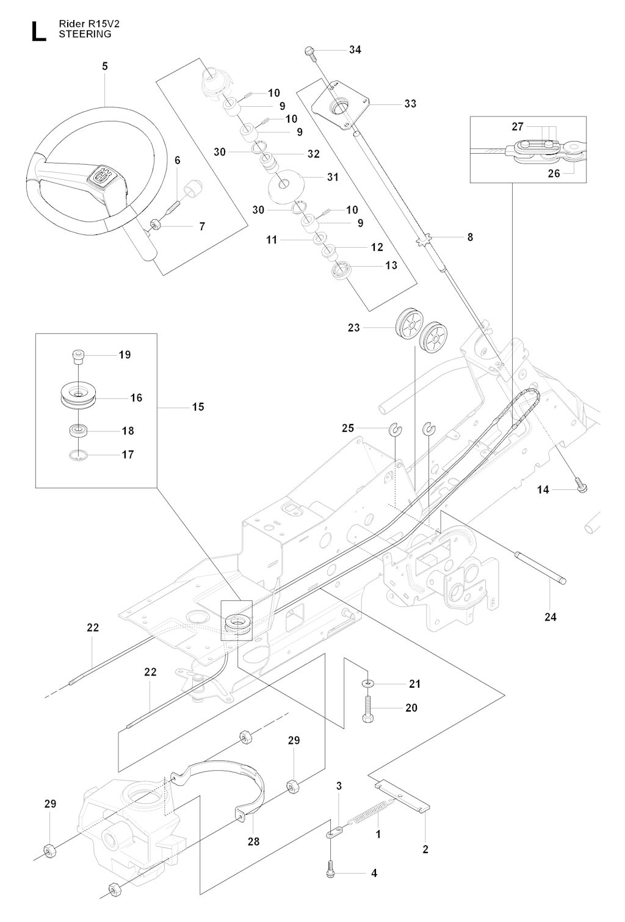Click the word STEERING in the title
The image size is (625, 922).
click(x=85, y=35)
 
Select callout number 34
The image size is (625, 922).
click(x=355, y=49)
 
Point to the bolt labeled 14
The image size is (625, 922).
click(x=580, y=487)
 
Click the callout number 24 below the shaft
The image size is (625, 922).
click(x=551, y=617)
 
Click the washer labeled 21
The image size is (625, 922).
click(x=369, y=683)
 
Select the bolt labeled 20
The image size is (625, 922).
click(x=368, y=710)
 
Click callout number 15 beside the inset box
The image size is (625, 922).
click(x=198, y=407)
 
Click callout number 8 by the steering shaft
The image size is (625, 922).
click(x=469, y=237)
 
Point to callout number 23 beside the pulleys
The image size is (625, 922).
click(x=354, y=328)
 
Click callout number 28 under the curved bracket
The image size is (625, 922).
click(x=253, y=841)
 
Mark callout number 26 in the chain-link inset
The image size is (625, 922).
click(x=554, y=173)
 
